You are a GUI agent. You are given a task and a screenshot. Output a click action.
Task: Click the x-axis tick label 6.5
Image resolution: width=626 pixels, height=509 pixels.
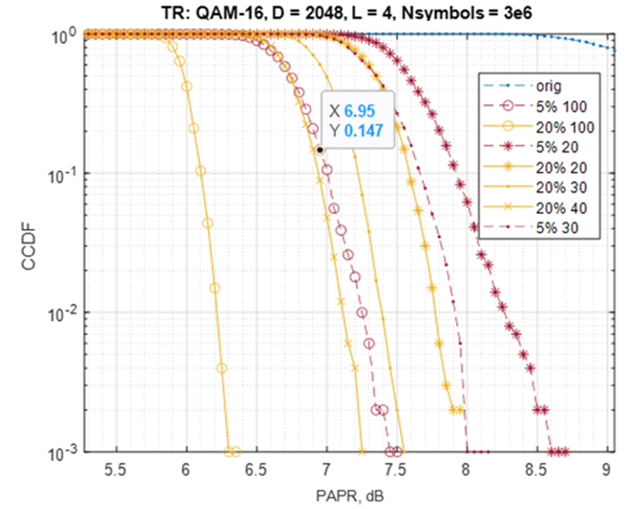point(255,470)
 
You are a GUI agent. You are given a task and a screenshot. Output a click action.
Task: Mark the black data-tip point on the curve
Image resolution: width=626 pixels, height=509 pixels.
point(320,150)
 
